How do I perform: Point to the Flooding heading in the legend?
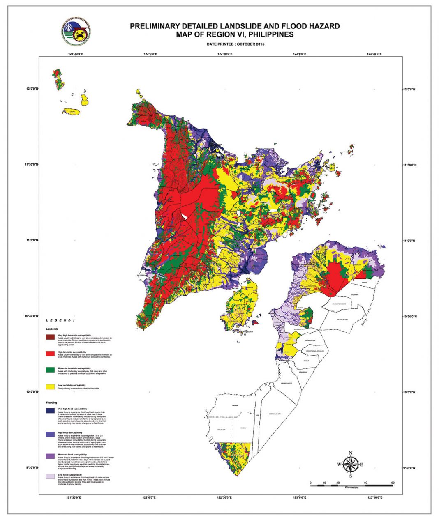click(x=51, y=403)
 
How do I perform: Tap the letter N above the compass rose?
click(x=350, y=453)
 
